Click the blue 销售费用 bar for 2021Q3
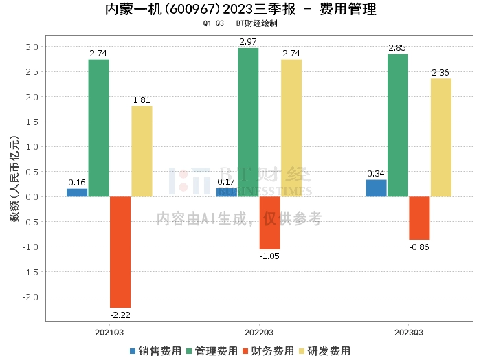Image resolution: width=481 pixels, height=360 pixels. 77,192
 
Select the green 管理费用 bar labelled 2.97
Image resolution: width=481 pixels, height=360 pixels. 248,122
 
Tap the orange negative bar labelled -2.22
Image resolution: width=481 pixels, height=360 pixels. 120,252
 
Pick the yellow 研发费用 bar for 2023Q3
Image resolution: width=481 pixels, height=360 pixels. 441,137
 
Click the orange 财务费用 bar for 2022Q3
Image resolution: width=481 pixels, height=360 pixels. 269,223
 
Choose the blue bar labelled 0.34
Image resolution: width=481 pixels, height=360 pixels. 376,188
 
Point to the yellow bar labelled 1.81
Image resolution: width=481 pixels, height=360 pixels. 142,151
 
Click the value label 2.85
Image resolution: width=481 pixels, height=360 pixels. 397,48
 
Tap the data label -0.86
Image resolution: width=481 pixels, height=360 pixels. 419,247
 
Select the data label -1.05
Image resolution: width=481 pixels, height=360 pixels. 269,256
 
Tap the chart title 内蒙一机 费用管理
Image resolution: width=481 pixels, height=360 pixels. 240,10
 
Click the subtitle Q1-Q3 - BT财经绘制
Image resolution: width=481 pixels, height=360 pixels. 240,23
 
